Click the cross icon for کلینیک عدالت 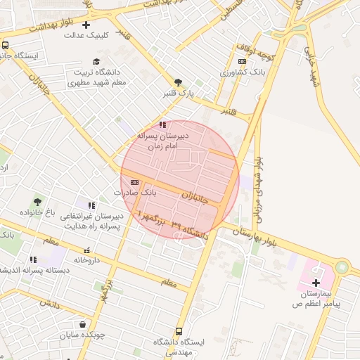[86, 25]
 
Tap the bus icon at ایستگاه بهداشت [6, 46]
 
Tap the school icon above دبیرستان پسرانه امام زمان [164, 125]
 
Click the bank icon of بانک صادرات [134, 182]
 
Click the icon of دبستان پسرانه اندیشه [33, 259]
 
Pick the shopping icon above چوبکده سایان [84, 325]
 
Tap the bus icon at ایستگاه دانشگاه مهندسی [179, 331]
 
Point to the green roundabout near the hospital [342, 267]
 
